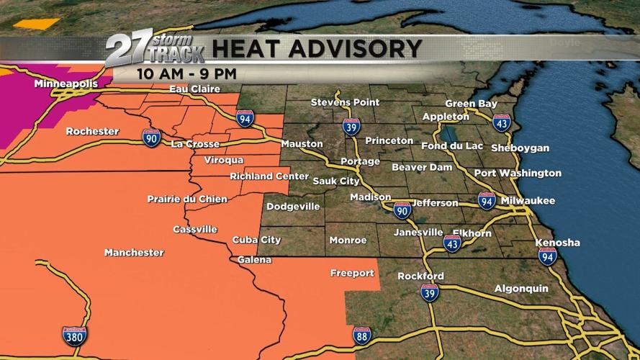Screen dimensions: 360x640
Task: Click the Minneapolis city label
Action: pos(64,84)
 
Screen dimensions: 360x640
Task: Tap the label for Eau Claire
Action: pos(194,89)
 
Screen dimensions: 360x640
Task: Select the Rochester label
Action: pos(91,131)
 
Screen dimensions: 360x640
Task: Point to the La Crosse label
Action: pos(195,144)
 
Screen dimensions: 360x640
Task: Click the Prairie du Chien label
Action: pos(187,199)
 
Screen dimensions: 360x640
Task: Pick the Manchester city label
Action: pos(134,253)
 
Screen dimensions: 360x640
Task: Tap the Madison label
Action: pos(371,197)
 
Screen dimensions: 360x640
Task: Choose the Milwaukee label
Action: pos(528,201)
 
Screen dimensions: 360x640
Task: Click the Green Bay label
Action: pos(471,104)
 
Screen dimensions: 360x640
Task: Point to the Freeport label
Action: pos(352,273)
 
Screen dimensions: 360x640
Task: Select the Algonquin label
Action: pos(521,289)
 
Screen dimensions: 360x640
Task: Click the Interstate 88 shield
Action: pos(361,336)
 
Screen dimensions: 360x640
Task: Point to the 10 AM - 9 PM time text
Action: pos(188,73)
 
